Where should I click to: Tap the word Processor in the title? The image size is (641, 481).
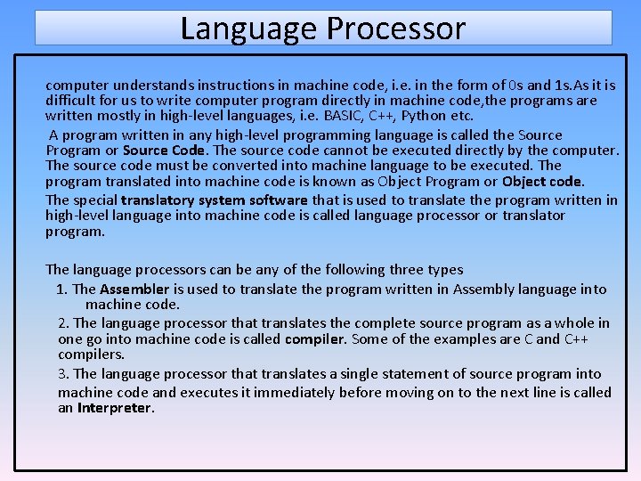395,29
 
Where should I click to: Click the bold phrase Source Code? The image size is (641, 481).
164,150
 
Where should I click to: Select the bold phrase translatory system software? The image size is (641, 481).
214,200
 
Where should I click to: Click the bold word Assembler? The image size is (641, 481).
134,289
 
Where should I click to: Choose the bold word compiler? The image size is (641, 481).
315,339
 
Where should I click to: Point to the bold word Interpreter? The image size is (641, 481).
115,408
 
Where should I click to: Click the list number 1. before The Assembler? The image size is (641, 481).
61,289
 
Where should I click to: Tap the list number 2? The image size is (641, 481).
64,322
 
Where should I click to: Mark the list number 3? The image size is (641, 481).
64,374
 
